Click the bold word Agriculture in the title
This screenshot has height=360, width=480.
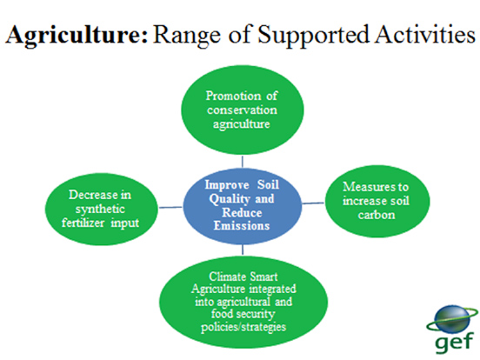coord(77,35)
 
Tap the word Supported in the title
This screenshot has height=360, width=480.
coord(313,35)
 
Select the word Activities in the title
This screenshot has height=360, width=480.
coord(425,34)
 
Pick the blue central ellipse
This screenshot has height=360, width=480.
coord(242,206)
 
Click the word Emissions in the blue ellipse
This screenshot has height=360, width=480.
coord(242,225)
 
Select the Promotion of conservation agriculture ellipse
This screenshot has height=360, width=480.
coord(242,110)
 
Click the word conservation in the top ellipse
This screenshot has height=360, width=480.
coord(242,110)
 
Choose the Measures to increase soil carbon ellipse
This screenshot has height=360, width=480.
coord(377,201)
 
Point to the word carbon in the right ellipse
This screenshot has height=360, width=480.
coord(377,215)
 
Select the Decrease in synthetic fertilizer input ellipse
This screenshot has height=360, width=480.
coord(102,209)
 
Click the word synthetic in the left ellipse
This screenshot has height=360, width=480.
coord(100,210)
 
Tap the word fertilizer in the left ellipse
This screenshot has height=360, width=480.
coord(83,223)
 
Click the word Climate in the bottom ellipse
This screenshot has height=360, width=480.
coord(227,277)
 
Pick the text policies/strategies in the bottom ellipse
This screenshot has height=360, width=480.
coord(243,327)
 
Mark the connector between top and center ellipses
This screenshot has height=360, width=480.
coord(243,162)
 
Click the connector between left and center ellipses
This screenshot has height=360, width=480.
coord(170,208)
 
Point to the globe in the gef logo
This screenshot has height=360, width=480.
coord(452,319)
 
